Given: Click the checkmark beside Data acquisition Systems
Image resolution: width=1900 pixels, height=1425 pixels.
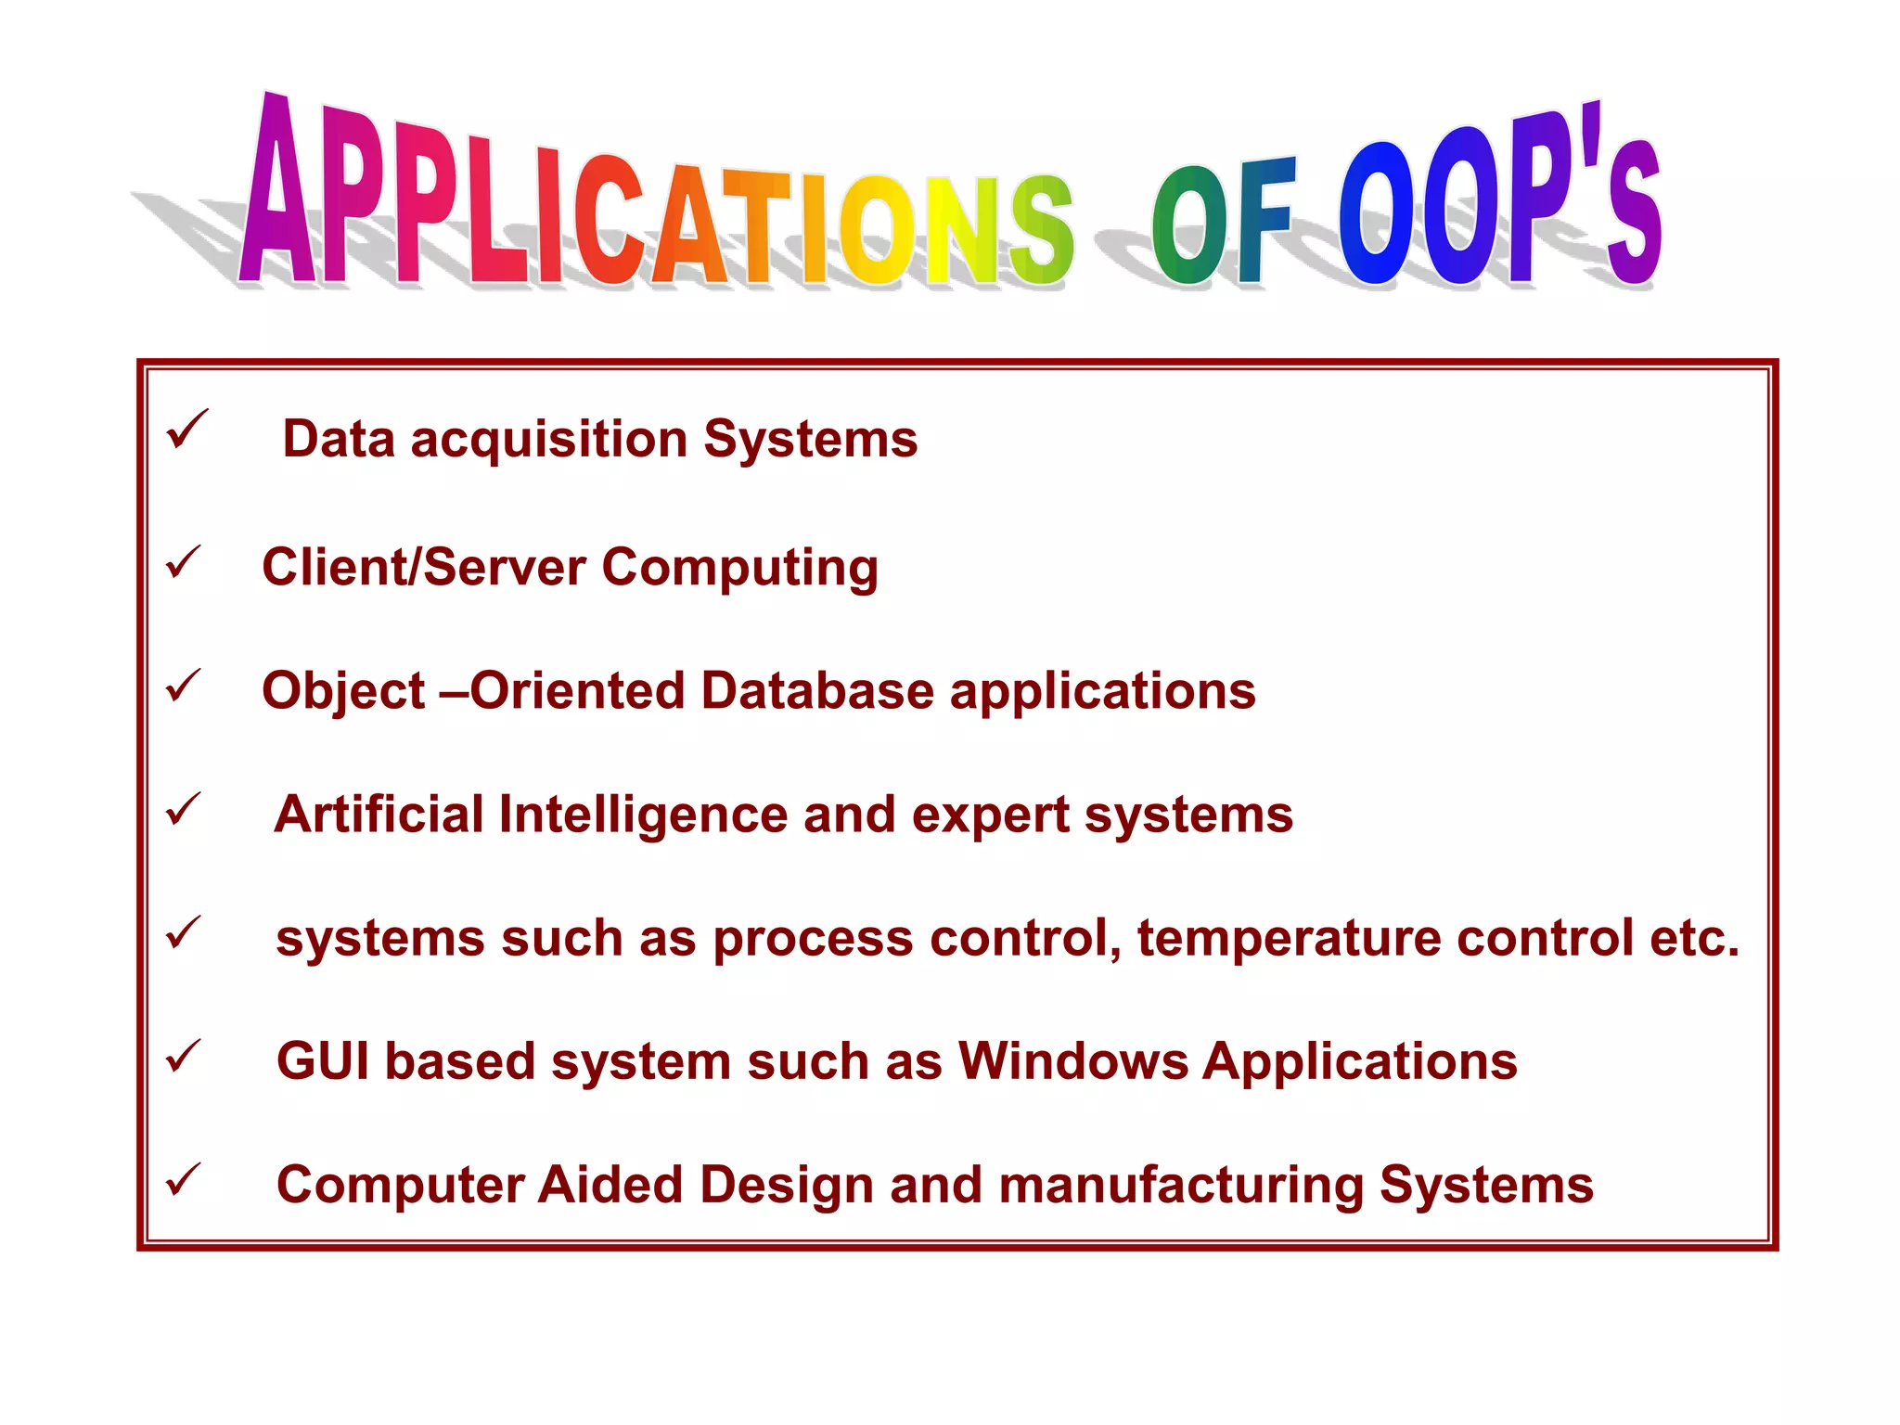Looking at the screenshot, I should [x=186, y=430].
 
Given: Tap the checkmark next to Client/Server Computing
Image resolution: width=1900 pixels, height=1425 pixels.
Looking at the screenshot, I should [x=183, y=562].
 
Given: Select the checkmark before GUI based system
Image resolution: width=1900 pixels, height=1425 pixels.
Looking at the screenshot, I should [x=183, y=1056].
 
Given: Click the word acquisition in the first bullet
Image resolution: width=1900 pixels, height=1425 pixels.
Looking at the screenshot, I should [x=549, y=439].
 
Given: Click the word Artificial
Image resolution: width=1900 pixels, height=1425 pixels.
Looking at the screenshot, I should [x=379, y=815].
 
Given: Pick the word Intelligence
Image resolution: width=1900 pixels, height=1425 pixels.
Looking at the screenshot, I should [x=643, y=815].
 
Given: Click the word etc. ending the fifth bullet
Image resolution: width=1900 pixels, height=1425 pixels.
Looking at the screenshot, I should [x=1694, y=938].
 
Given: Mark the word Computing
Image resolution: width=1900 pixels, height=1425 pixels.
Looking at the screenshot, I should [x=739, y=568].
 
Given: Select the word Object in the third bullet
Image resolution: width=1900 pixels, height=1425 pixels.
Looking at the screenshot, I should [x=343, y=691].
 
